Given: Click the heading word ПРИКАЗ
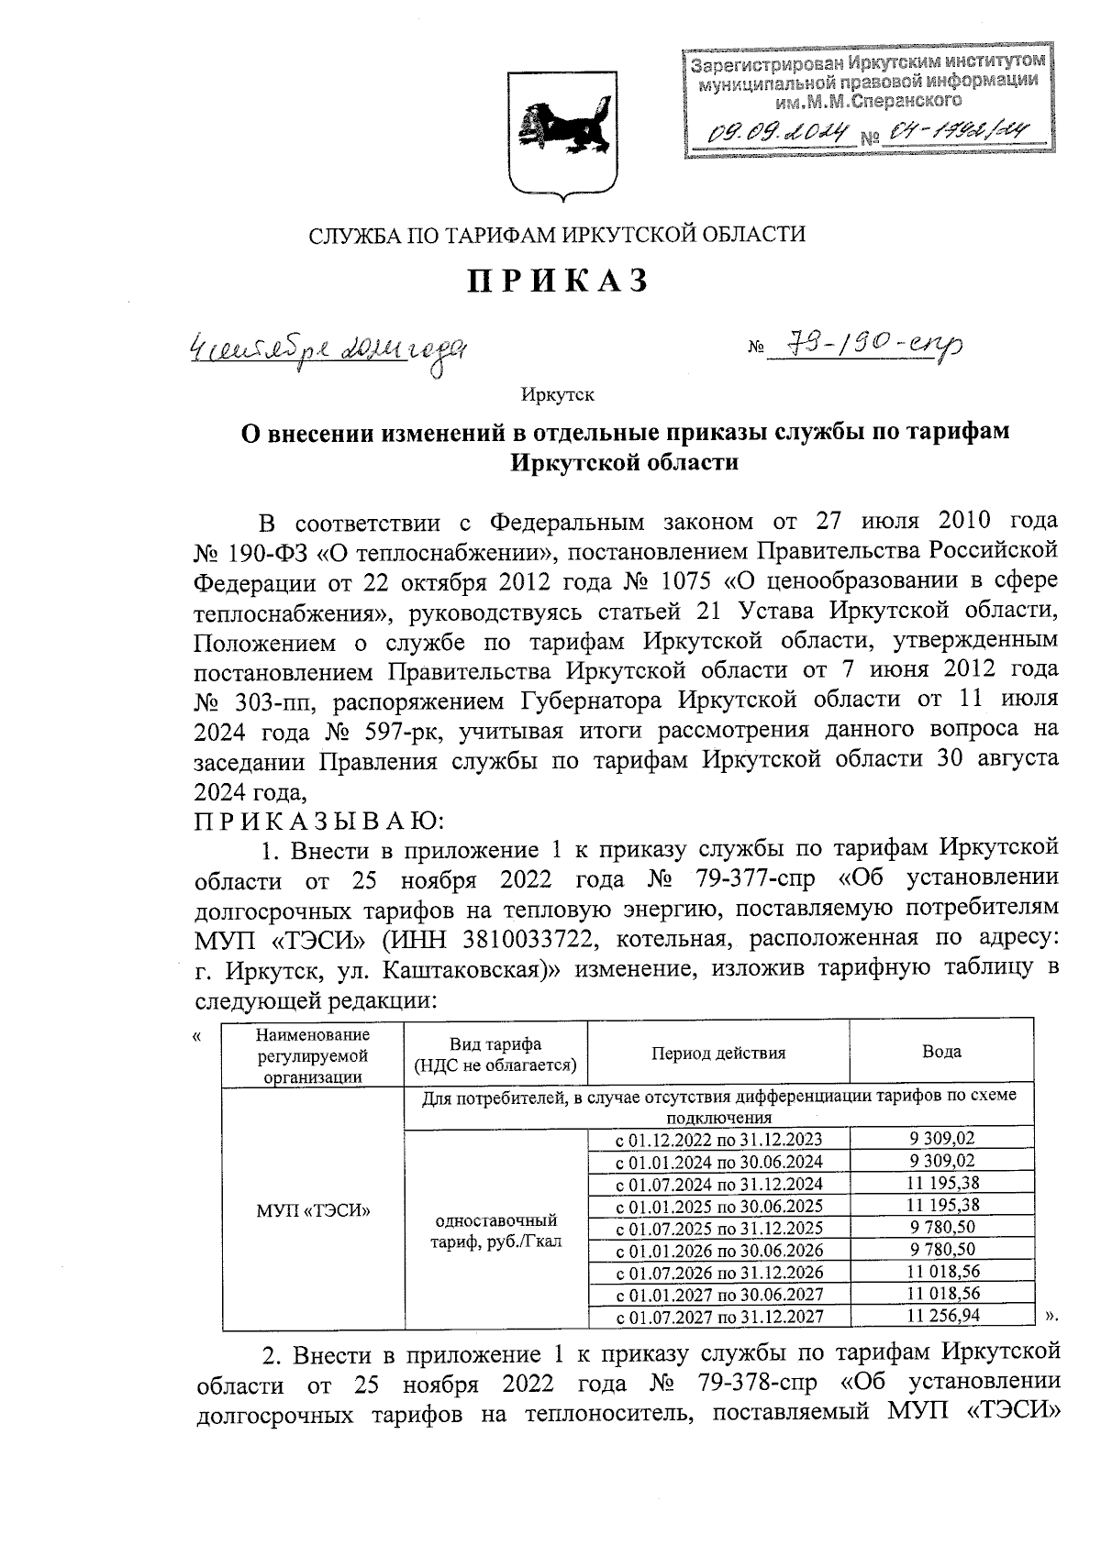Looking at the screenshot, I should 558,281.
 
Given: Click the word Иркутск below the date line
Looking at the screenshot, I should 557,395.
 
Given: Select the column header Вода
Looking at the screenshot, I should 940,1052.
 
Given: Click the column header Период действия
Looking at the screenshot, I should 717,1053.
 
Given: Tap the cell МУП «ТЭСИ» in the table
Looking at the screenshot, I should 313,1210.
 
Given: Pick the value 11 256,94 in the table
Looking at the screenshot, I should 941,1316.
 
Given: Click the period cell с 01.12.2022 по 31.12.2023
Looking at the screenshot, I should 717,1140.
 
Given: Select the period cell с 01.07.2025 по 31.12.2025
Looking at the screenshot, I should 717,1228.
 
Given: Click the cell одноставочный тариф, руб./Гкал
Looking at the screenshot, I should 495,1231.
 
